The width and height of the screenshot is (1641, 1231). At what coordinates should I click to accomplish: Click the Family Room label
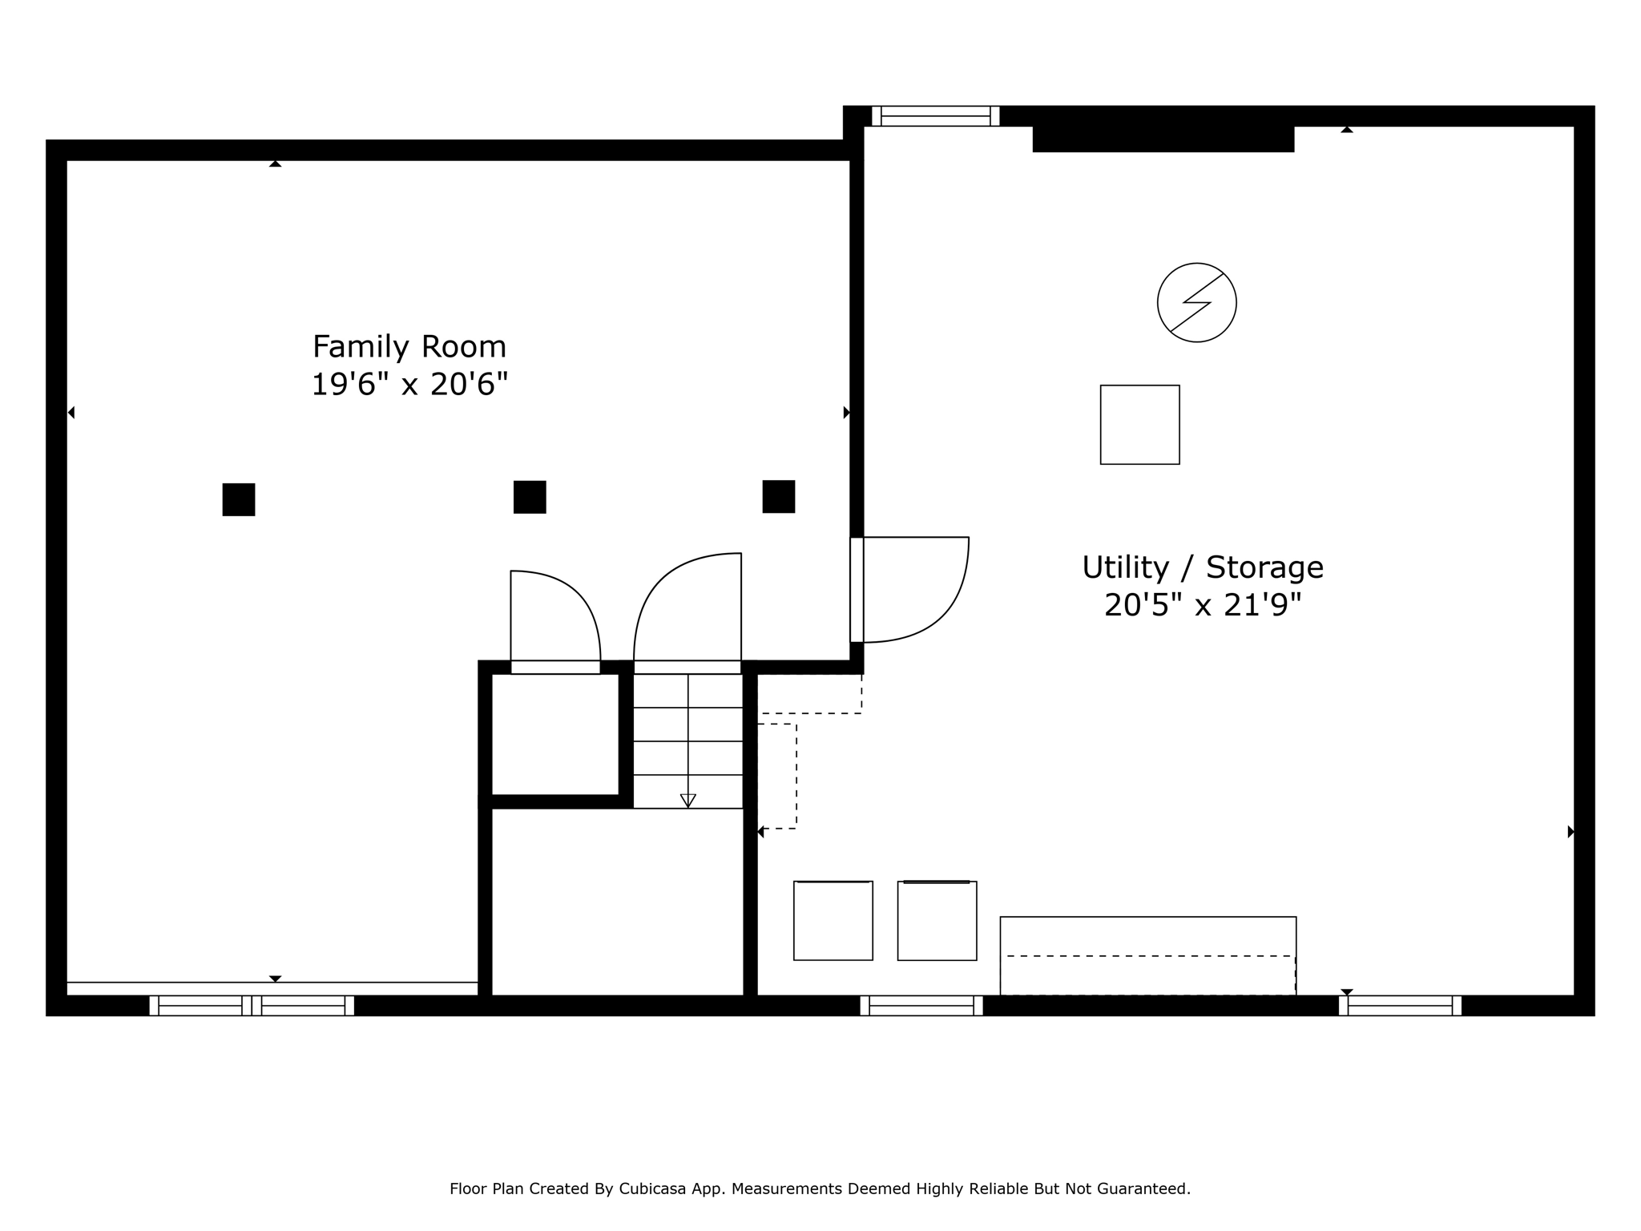(409, 347)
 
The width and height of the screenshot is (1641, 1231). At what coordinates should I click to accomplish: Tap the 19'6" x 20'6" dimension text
(409, 385)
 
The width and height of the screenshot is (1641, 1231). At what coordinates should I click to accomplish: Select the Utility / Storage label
(1203, 567)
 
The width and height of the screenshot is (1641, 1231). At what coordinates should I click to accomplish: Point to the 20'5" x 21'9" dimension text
(1203, 605)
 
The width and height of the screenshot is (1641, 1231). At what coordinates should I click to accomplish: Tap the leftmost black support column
(239, 499)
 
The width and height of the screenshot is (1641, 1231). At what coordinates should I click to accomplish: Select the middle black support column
(530, 497)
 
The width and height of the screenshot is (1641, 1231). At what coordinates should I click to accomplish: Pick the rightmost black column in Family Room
(779, 497)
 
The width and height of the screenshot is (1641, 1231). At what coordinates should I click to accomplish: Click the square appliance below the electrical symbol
(1140, 425)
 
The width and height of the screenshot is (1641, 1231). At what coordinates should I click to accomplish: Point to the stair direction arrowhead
(687, 801)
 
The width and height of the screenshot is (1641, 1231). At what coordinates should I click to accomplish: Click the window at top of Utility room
(936, 116)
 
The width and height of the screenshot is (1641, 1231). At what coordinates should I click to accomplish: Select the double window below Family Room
(252, 1006)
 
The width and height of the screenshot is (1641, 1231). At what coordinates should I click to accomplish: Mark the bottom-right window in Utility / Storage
(1400, 1006)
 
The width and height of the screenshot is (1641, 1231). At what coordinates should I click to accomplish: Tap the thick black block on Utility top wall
(1163, 138)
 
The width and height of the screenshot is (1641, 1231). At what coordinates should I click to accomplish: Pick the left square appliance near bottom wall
(833, 920)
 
